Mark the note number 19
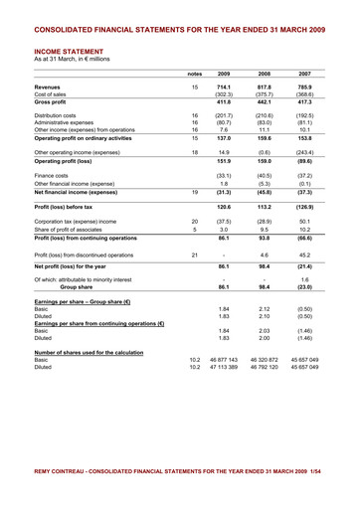click(x=195, y=191)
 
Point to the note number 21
click(x=195, y=255)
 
